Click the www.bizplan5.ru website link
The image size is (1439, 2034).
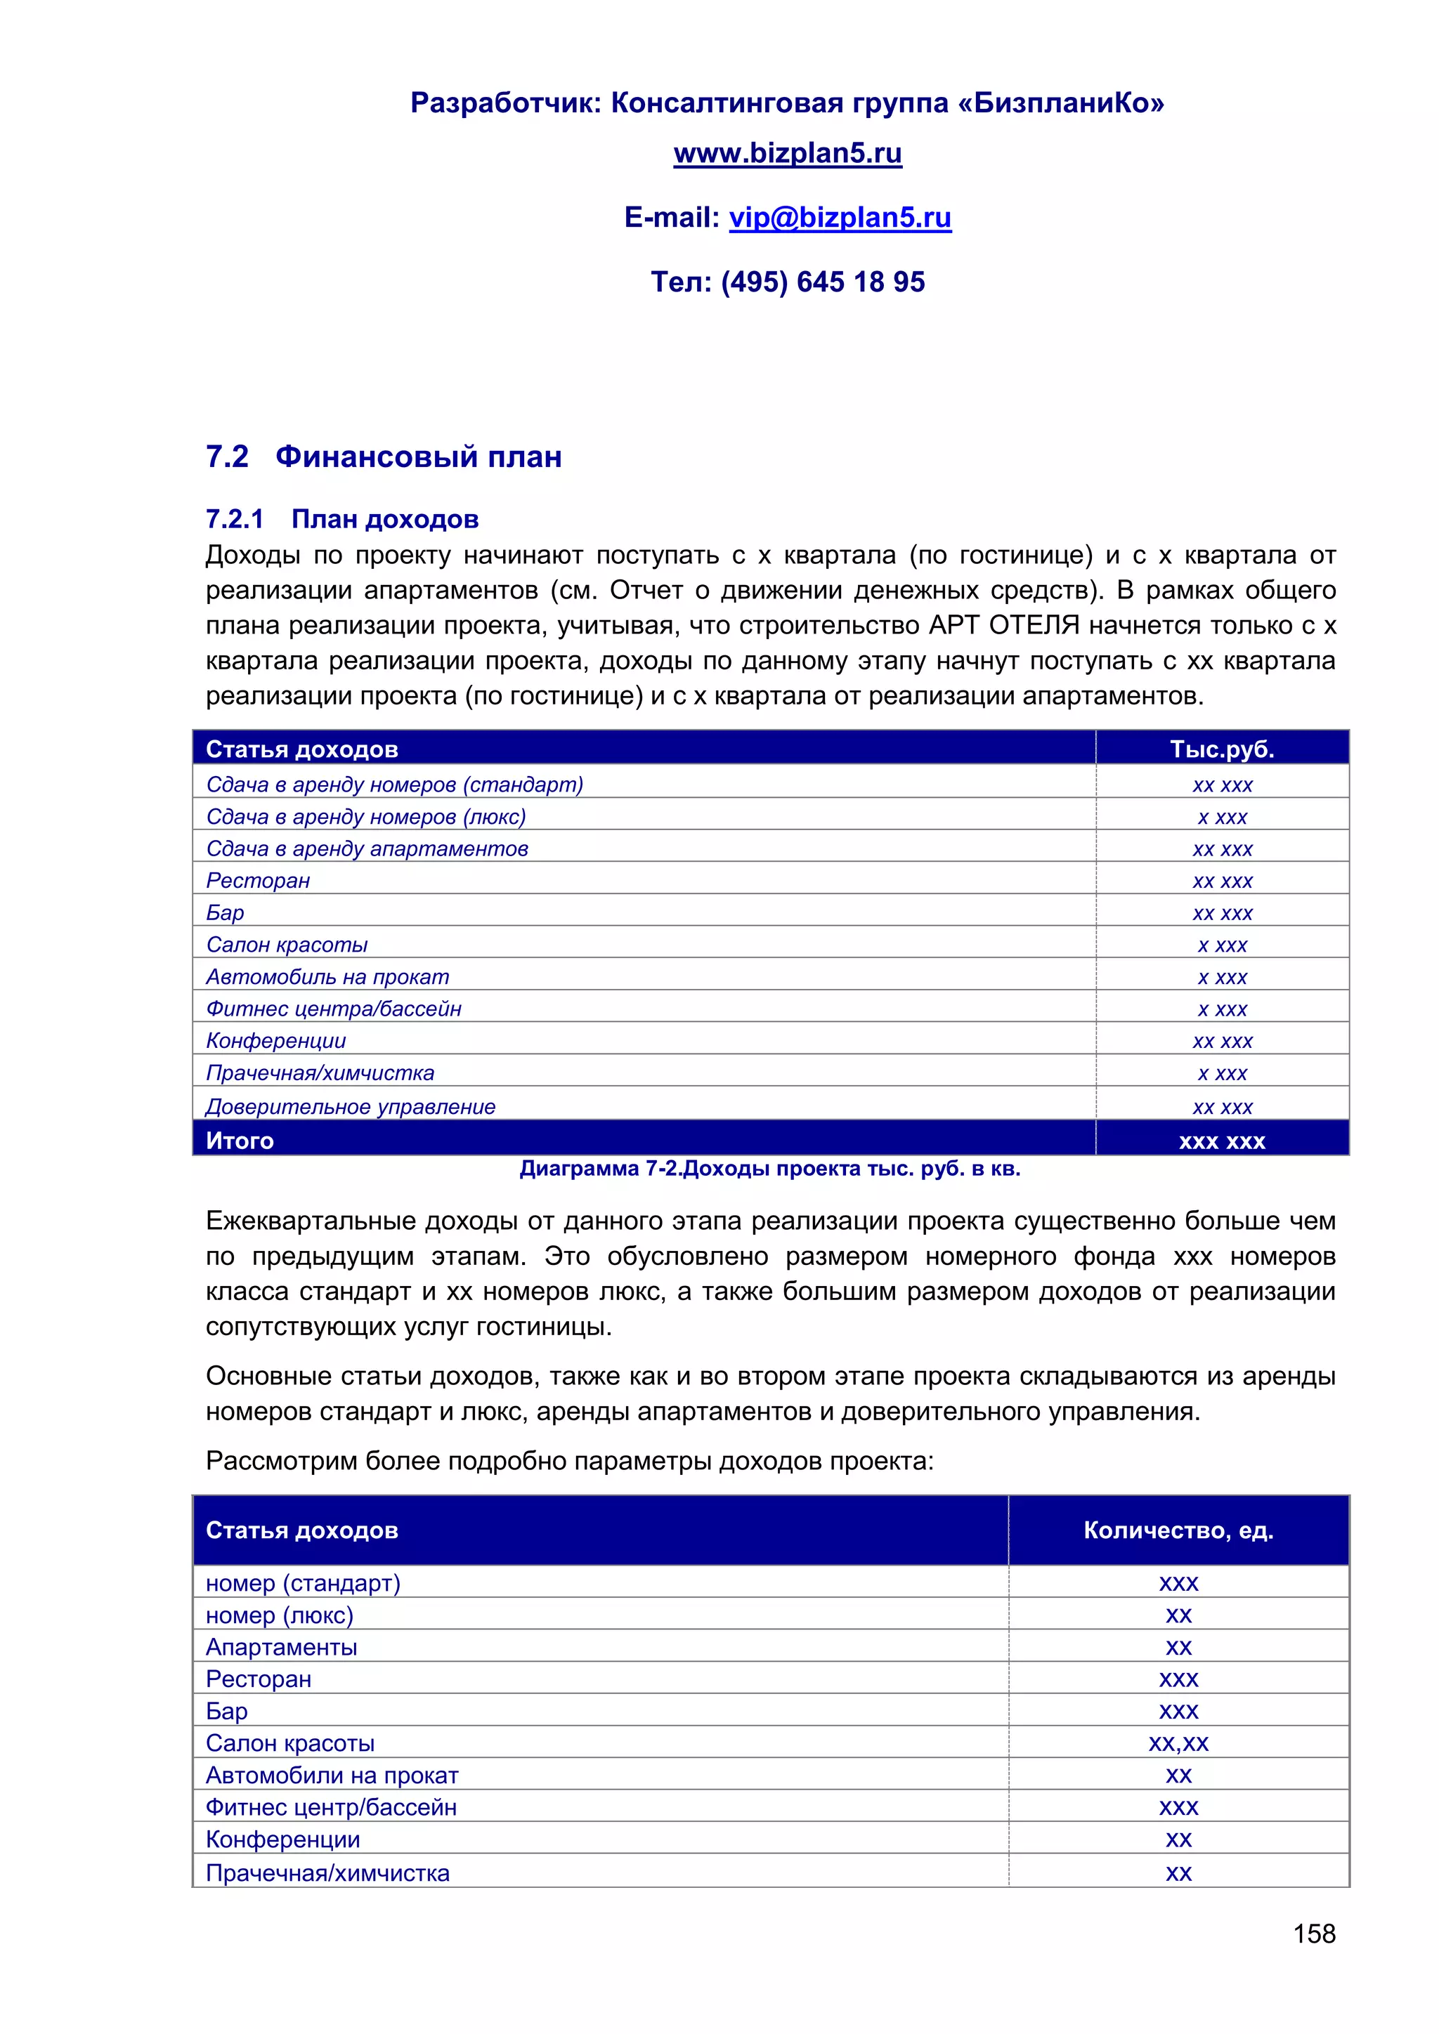click(x=787, y=153)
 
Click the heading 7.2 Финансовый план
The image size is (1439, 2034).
click(x=384, y=457)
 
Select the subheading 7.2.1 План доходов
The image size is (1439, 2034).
click(x=342, y=519)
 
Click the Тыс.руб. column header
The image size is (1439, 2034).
click(x=1221, y=749)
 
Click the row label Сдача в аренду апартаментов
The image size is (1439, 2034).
click(x=367, y=848)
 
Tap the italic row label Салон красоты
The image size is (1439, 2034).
click(x=287, y=945)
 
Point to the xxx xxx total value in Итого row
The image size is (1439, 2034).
click(x=1221, y=1141)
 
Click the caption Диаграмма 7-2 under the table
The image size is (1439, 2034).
click(x=769, y=1169)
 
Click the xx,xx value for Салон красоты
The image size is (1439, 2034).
click(x=1178, y=1743)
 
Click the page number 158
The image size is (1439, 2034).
click(x=1313, y=1933)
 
